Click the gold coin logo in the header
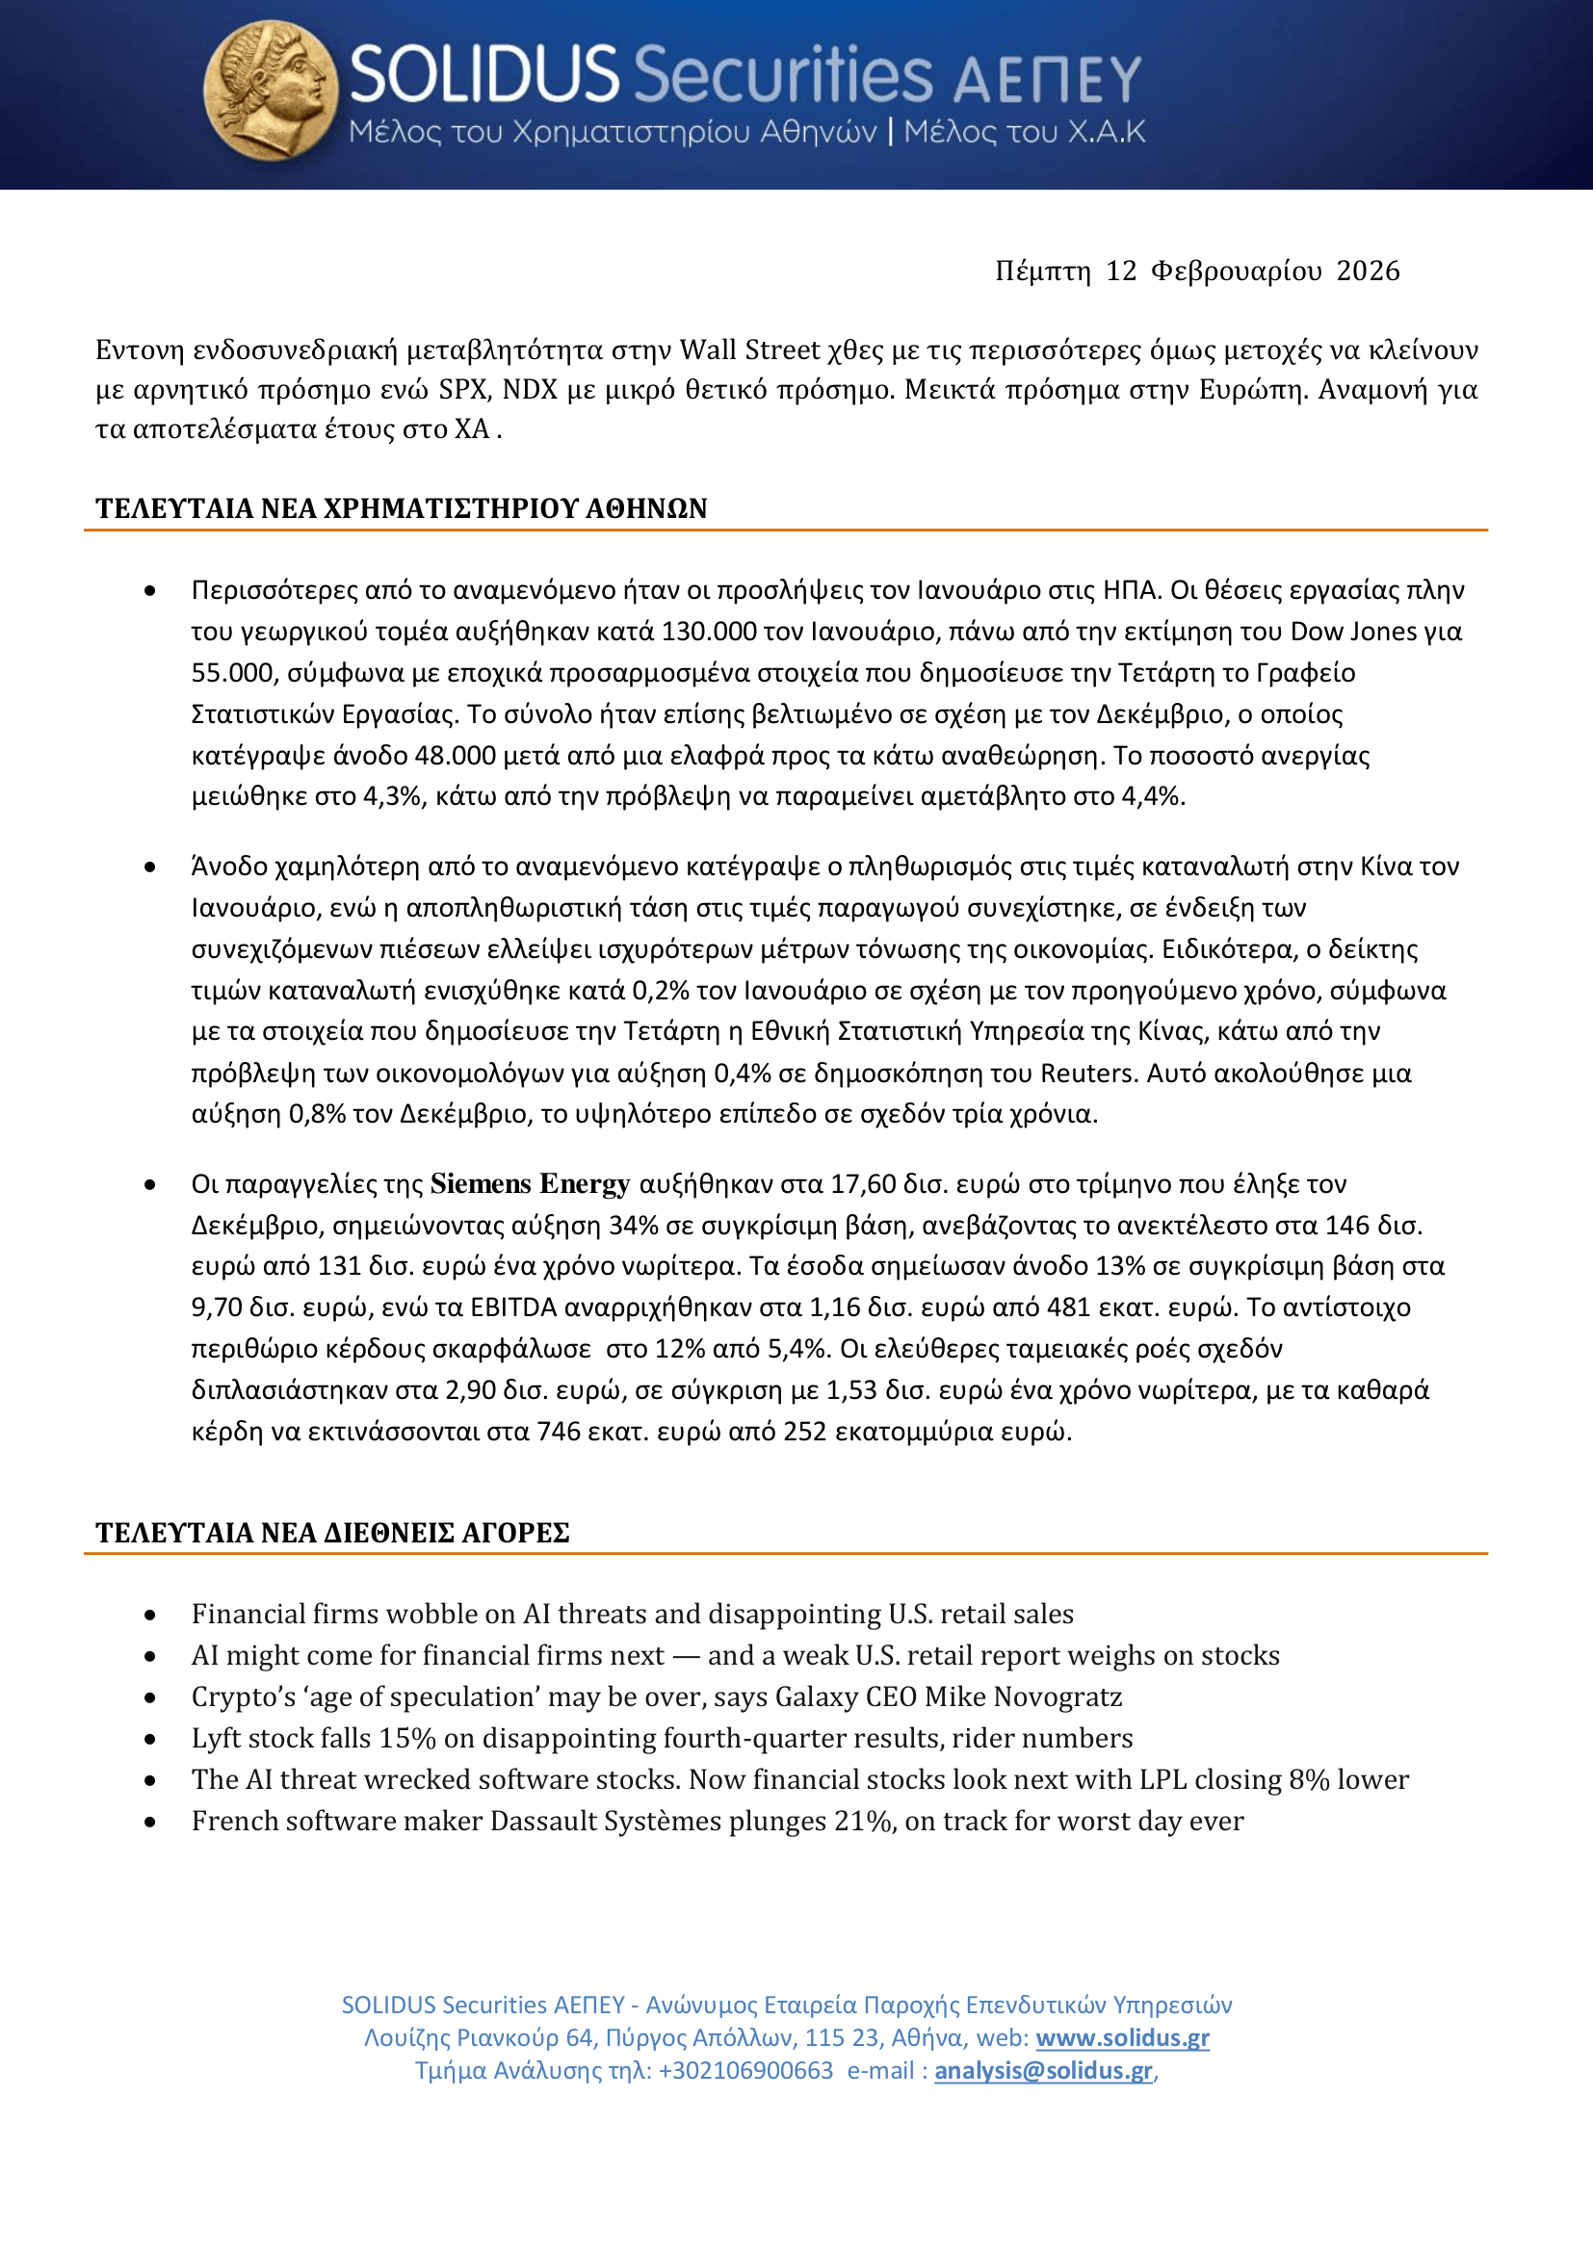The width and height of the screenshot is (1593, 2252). click(x=271, y=91)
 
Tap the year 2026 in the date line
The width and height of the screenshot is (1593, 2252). click(x=1368, y=271)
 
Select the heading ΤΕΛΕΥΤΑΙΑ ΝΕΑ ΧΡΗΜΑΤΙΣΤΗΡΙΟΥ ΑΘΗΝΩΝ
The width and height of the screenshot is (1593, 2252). click(x=402, y=508)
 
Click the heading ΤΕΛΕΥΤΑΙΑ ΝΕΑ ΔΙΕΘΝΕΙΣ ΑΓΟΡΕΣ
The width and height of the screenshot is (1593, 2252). click(x=332, y=1532)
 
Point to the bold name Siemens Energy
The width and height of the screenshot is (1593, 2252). click(x=530, y=1184)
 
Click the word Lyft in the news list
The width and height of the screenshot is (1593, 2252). click(x=213, y=1738)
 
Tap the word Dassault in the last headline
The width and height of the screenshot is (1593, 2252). click(x=542, y=1821)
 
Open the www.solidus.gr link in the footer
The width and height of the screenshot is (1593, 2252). click(x=1122, y=2037)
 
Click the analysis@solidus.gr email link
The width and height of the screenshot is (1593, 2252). click(x=1043, y=2071)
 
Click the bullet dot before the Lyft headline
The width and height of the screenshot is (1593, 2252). click(x=150, y=1739)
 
